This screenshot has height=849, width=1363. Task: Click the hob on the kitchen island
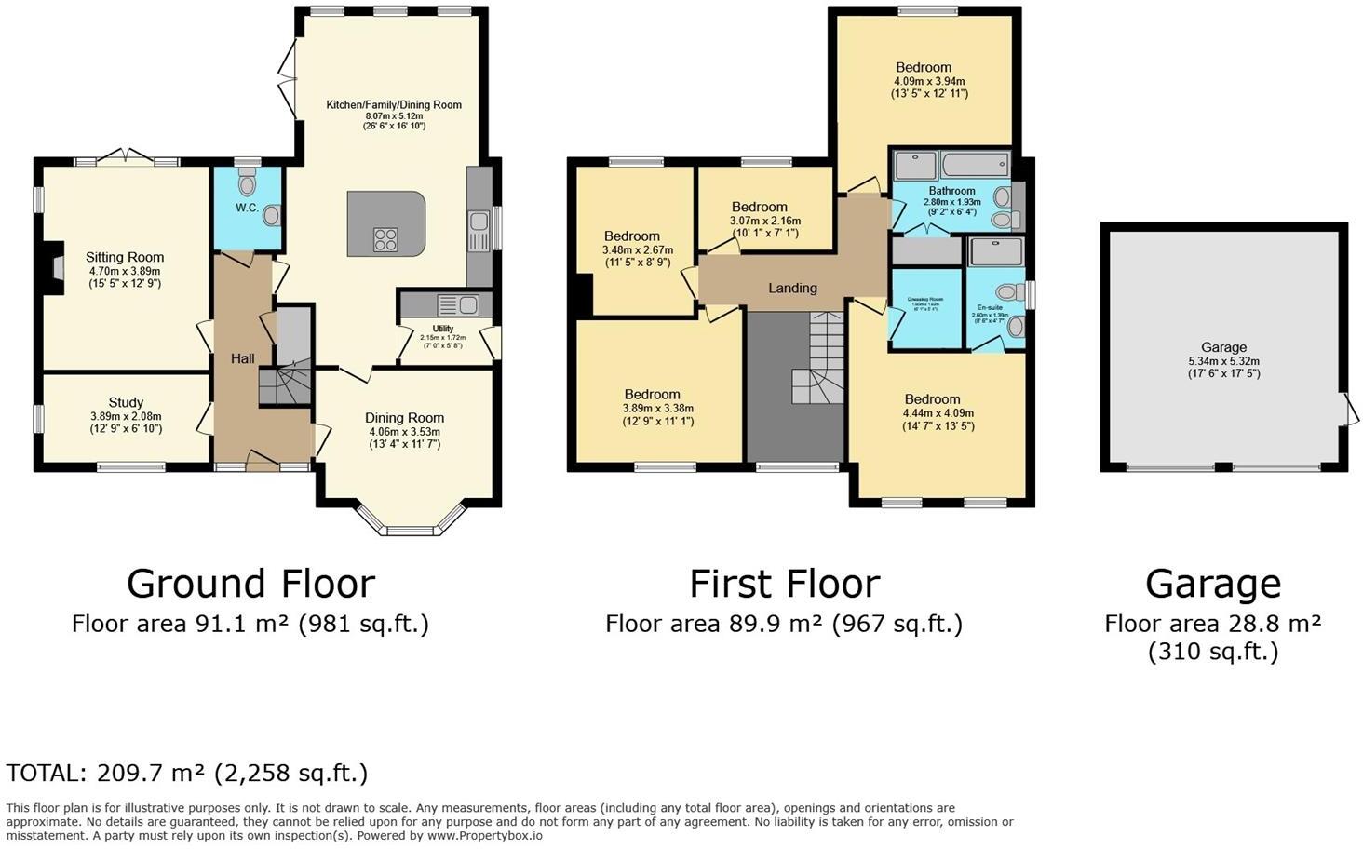[x=385, y=239]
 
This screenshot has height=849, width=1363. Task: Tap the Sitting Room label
[x=125, y=258]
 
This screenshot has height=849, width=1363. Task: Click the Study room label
[x=126, y=403]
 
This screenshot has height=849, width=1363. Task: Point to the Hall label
[x=243, y=358]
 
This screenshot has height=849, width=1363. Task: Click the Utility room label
[x=442, y=329]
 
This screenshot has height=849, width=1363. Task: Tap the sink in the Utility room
[x=467, y=304]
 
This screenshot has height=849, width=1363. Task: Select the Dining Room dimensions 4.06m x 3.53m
[x=404, y=432]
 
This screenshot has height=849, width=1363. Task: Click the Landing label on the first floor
[x=792, y=289]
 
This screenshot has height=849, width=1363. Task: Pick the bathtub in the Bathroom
[x=976, y=167]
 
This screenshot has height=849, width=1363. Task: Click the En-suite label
[x=990, y=307]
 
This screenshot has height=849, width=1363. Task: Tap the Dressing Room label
[x=924, y=300]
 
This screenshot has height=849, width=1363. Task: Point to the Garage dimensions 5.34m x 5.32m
[x=1223, y=361]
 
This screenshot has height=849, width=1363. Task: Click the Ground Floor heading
[x=250, y=584]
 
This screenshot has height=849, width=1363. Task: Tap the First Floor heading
[x=784, y=584]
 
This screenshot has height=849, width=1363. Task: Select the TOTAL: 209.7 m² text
[x=187, y=773]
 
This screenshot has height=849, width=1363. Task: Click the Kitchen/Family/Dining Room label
[x=393, y=105]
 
